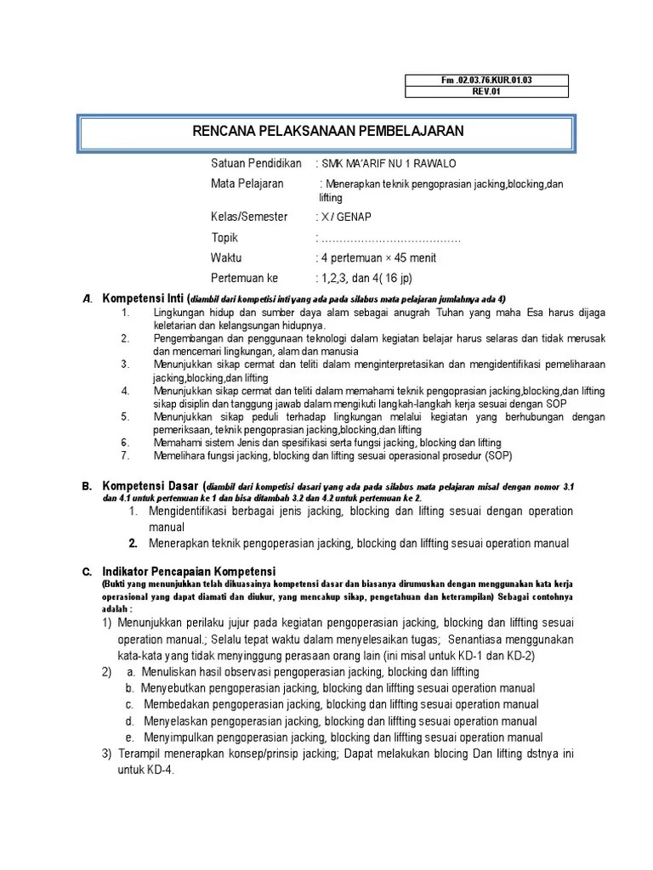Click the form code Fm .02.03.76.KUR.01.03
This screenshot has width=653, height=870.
click(x=487, y=81)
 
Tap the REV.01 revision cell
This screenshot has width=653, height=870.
click(x=487, y=92)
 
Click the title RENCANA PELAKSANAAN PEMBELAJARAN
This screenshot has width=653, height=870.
click(x=326, y=131)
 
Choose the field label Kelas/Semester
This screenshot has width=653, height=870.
click(x=249, y=217)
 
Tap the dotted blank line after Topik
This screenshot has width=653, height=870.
click(x=389, y=237)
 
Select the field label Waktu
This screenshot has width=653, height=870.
click(x=226, y=257)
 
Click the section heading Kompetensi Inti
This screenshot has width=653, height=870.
click(x=144, y=298)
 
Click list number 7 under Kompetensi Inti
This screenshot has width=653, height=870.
click(x=124, y=455)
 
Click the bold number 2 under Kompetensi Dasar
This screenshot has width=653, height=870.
click(x=133, y=544)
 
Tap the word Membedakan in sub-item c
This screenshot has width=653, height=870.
click(x=173, y=704)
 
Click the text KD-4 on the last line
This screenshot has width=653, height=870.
click(x=159, y=770)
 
